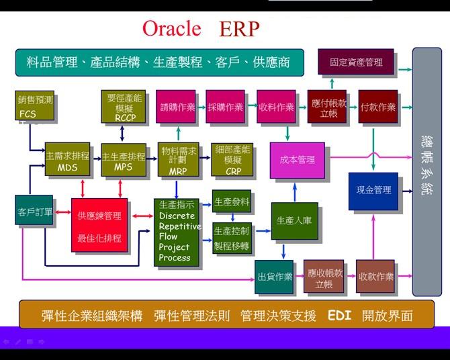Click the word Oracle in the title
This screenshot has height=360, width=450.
[x=171, y=29]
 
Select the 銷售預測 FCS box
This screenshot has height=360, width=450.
[x=35, y=106]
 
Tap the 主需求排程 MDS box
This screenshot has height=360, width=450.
[x=67, y=160]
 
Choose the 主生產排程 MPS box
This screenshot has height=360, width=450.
[x=124, y=160]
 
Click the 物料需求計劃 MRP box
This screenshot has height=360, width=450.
[x=178, y=160]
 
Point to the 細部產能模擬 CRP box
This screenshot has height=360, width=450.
[x=233, y=160]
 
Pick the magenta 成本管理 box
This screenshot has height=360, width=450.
[x=297, y=161]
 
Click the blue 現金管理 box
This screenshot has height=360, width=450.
[x=373, y=191]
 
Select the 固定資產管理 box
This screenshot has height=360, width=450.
[x=355, y=62]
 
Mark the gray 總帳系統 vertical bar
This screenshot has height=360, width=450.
[x=426, y=172]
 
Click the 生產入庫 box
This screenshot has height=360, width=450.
[x=294, y=221]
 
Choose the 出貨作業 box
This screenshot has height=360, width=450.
[x=275, y=276]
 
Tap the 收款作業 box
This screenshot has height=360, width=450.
[x=375, y=277]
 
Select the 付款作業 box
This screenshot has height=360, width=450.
[x=377, y=107]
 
